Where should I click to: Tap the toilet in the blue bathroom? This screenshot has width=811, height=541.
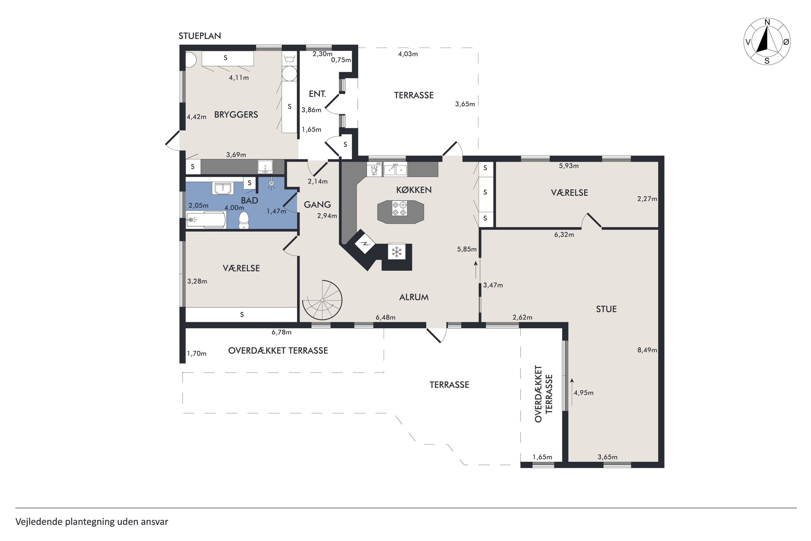coord(244,220)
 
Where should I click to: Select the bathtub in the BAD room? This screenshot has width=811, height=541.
coord(206,220)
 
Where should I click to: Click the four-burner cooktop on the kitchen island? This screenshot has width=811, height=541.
coord(400,209)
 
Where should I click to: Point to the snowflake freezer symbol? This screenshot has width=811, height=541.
coord(397,252)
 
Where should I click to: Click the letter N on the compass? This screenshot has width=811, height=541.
coord(767,22)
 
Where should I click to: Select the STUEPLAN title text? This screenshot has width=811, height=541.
coord(200,36)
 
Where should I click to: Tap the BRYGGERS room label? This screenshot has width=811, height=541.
coord(236,115)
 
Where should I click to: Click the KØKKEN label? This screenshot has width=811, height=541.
coord(414,189)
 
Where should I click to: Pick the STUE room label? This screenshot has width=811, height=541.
coord(606,309)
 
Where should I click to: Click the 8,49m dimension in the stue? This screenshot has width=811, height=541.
coord(647,350)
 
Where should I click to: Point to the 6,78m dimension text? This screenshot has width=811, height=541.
coord(281,332)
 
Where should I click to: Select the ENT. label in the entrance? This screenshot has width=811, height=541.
coord(318,94)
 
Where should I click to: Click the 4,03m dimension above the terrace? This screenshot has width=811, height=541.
coord(408,54)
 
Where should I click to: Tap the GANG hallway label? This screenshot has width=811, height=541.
coord(318,204)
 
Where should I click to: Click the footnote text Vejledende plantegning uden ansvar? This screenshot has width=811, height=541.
coord(92,522)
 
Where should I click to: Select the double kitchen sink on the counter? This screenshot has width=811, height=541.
coord(395,170)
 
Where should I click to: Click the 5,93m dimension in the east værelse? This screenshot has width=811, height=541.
coord(569,166)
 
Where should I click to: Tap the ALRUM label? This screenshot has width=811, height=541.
coord(414,297)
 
